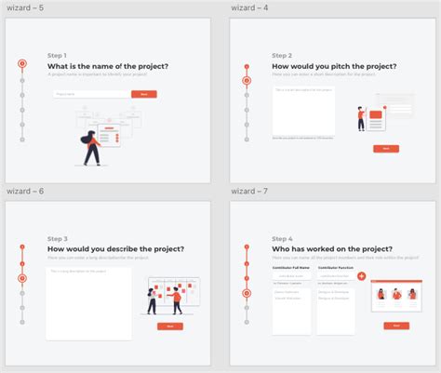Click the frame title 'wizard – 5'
tap(25, 7)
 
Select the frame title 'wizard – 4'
tap(250, 7)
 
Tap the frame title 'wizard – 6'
tap(25, 191)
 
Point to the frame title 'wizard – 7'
tap(249, 191)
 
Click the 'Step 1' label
tap(58, 56)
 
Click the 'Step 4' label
tap(282, 239)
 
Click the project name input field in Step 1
tap(90, 94)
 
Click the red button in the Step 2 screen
tap(385, 149)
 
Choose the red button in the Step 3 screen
tap(169, 326)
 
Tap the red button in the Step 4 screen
tap(396, 326)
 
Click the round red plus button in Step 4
tap(362, 276)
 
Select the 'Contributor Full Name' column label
tap(291, 267)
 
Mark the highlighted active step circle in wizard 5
tap(21, 64)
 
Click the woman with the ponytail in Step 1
tap(91, 148)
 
